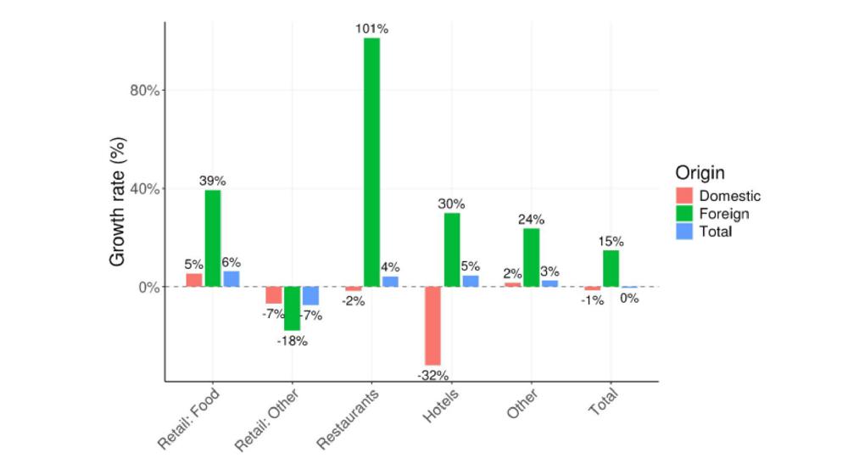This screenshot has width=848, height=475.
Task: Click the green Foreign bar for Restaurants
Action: [x=371, y=162]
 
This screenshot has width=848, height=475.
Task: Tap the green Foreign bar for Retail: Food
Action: [x=212, y=238]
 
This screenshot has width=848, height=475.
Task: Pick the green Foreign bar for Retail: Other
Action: [x=292, y=308]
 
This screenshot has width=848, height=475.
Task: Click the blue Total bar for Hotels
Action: [x=471, y=281]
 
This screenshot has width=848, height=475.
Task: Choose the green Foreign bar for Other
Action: [x=532, y=258]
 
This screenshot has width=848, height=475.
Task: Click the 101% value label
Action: [x=371, y=29]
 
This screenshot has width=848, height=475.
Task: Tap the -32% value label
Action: [x=432, y=375]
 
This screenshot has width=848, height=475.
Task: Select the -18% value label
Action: [x=292, y=341]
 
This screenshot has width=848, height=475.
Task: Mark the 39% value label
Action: [x=212, y=181]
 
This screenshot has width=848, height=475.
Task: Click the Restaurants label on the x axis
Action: [x=348, y=418]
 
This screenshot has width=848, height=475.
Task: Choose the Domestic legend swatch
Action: [x=684, y=196]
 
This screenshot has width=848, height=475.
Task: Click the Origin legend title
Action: [x=700, y=173]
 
